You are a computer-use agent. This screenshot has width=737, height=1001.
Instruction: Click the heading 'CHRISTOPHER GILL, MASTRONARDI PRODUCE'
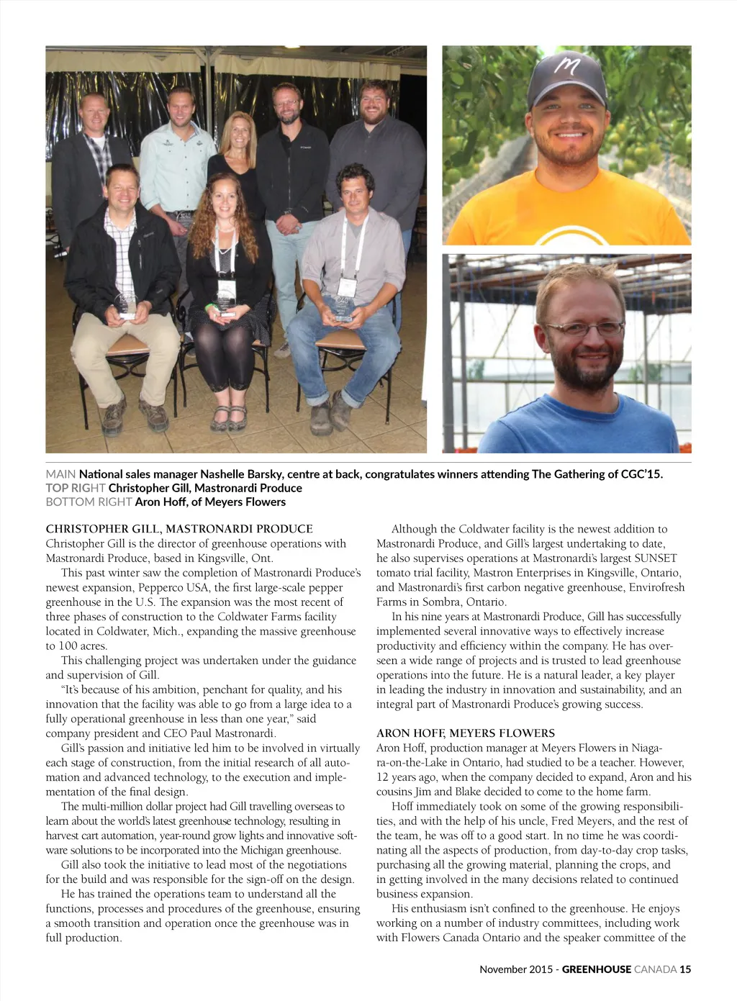click(179, 529)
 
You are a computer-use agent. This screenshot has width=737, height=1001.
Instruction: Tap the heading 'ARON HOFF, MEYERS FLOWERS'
click(465, 733)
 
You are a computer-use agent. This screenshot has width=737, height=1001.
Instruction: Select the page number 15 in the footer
click(685, 969)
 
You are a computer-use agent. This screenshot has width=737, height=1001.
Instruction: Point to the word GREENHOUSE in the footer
click(596, 969)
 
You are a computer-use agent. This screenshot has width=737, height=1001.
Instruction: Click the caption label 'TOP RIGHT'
click(76, 488)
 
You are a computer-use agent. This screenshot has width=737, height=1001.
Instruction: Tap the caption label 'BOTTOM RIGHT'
click(89, 502)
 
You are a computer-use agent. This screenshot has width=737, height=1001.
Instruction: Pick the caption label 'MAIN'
click(60, 474)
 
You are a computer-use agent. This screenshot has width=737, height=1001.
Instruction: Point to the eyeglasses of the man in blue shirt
click(584, 329)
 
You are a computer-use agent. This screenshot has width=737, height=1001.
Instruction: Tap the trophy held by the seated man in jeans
click(343, 309)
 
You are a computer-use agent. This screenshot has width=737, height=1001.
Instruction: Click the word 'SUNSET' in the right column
click(656, 558)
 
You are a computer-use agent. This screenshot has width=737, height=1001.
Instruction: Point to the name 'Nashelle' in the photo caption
click(222, 474)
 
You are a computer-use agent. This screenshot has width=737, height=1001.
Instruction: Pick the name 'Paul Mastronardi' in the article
click(232, 733)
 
